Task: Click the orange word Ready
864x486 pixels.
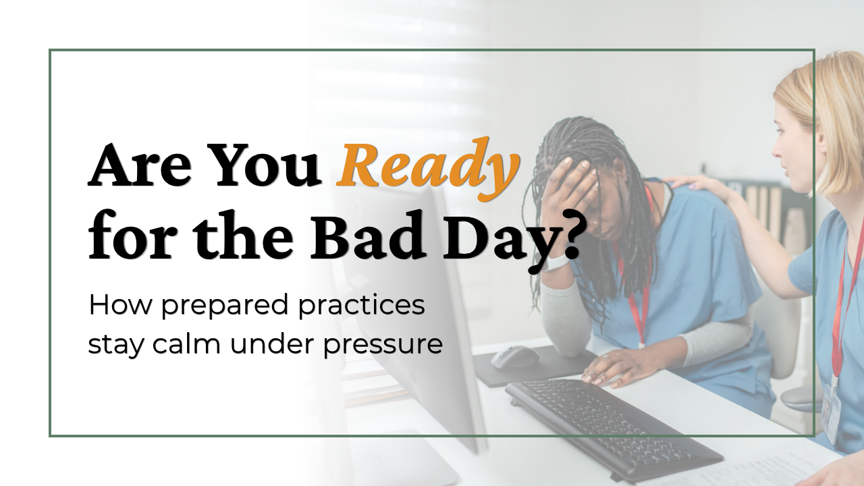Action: (x=427, y=169)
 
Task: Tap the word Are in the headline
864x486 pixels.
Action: (x=140, y=166)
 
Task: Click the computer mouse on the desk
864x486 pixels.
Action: (x=515, y=357)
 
